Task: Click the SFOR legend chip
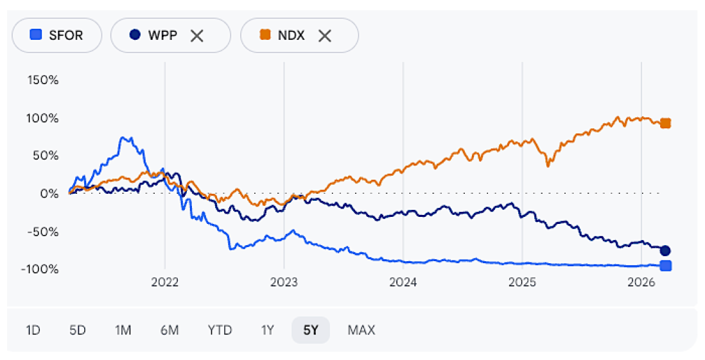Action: click(x=57, y=35)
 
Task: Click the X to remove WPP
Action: click(x=196, y=35)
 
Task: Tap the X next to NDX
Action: click(x=325, y=35)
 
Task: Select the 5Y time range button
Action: click(x=310, y=330)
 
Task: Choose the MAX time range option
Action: click(x=361, y=330)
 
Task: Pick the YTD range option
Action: click(x=220, y=330)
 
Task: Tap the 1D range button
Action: click(x=33, y=330)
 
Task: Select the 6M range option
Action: click(x=170, y=330)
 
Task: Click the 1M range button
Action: click(x=123, y=330)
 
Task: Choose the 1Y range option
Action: click(x=267, y=330)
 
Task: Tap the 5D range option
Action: click(x=77, y=330)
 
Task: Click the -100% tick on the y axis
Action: click(x=41, y=268)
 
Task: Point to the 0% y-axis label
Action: click(x=49, y=193)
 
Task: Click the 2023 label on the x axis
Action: click(x=284, y=282)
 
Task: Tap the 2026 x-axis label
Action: click(x=641, y=282)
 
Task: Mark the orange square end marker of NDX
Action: click(x=666, y=123)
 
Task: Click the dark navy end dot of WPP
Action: click(x=666, y=250)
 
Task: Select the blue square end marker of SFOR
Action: click(x=666, y=266)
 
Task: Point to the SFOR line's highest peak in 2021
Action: click(x=125, y=138)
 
